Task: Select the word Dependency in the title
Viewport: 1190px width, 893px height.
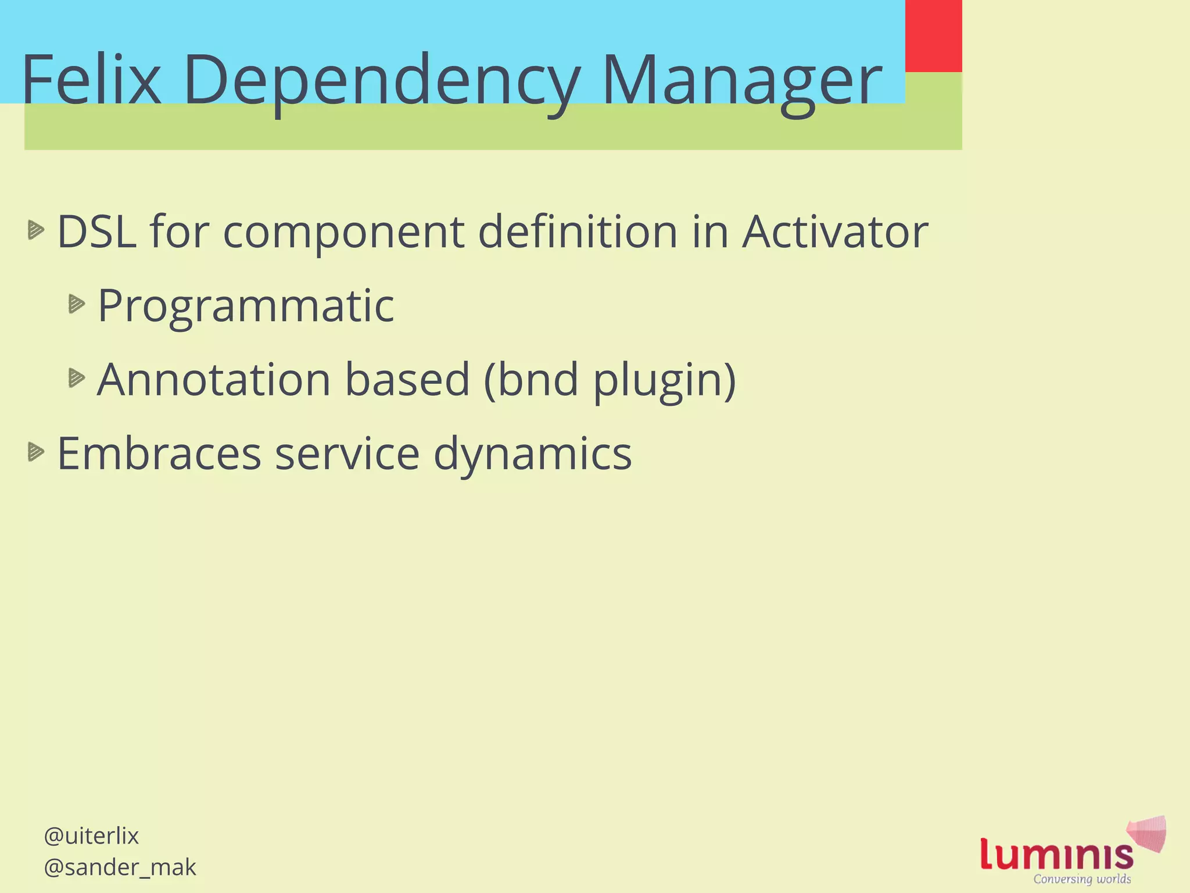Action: click(x=381, y=81)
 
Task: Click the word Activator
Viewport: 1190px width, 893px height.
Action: click(x=835, y=232)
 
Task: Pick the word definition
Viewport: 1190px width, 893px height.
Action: click(x=578, y=232)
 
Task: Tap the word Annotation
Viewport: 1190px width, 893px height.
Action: click(x=213, y=380)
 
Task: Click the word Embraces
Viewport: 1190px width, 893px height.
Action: click(x=159, y=454)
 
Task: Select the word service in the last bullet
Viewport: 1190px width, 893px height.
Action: click(x=347, y=454)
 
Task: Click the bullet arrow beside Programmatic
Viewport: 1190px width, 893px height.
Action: click(x=76, y=303)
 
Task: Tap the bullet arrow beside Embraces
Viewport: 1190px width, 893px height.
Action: click(x=35, y=452)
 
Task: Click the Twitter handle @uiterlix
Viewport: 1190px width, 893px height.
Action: click(x=91, y=836)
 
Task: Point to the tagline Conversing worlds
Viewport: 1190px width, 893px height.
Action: click(x=1082, y=879)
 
